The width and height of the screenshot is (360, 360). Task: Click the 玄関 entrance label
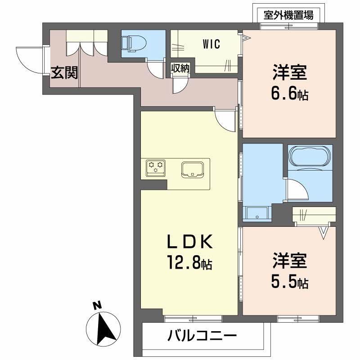pyautogui.click(x=64, y=72)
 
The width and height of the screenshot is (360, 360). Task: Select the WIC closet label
pyautogui.click(x=211, y=44)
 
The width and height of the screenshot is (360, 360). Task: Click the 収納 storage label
pyautogui.click(x=180, y=68)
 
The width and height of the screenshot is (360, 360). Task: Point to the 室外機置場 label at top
pyautogui.click(x=288, y=15)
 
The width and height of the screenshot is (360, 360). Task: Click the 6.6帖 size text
pyautogui.click(x=290, y=94)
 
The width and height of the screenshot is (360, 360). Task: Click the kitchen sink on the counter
pyautogui.click(x=193, y=169)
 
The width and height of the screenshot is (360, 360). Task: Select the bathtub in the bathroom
pyautogui.click(x=310, y=157)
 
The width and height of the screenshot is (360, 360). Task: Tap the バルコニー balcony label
pyautogui.click(x=202, y=336)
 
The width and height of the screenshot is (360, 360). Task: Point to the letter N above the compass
pyautogui.click(x=96, y=306)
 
